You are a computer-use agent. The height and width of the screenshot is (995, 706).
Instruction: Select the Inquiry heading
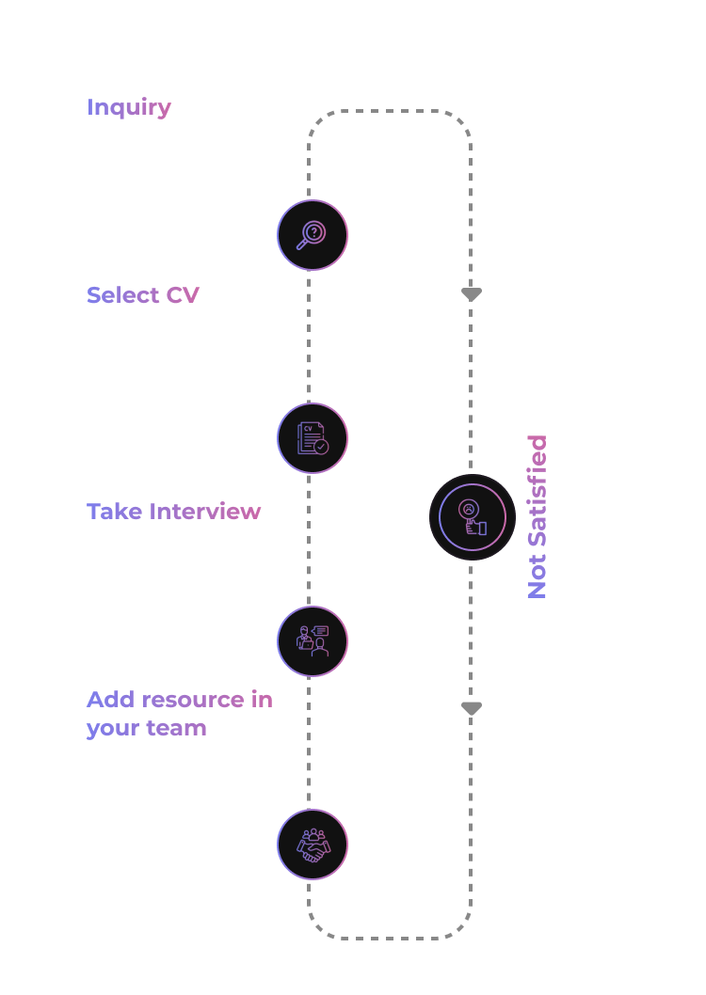pos(129,107)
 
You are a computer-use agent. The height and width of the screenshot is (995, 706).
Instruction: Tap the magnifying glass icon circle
pos(313,235)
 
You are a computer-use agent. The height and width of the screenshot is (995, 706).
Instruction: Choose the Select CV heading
pos(143,295)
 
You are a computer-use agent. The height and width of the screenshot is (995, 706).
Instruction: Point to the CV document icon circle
pos(313,438)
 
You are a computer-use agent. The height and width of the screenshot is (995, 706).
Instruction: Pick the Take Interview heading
pos(174,512)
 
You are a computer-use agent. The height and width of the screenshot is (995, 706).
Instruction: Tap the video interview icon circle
pos(313,641)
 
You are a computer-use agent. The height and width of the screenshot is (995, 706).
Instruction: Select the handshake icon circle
pos(313,845)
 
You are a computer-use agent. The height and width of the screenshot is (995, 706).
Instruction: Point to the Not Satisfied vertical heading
pos(537,517)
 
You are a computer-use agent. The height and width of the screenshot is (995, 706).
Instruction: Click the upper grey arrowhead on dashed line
pos(472,295)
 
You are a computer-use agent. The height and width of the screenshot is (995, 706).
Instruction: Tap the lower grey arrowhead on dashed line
pos(472,709)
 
